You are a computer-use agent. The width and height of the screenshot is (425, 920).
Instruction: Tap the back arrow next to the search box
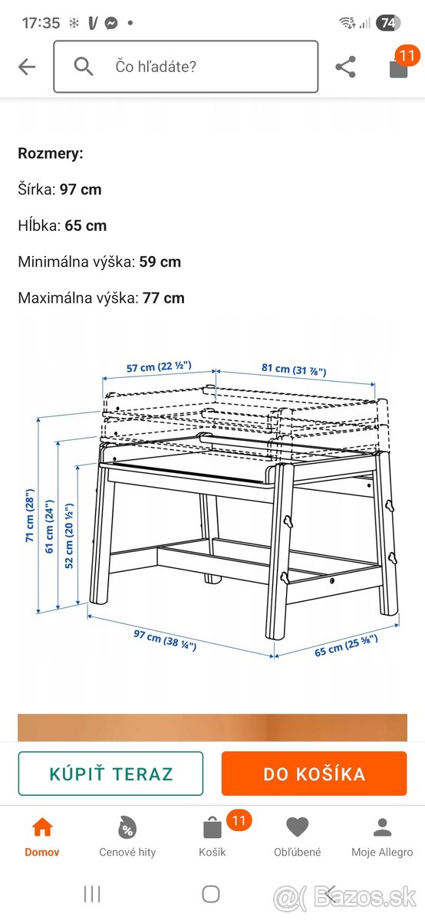coord(27,67)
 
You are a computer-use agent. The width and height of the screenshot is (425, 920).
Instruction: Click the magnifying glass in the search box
coord(83,66)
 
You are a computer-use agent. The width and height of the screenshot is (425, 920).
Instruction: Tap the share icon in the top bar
coord(345,67)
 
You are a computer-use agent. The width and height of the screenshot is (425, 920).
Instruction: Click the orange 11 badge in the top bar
coord(407,55)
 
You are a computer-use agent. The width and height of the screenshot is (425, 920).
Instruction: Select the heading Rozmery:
coord(51,153)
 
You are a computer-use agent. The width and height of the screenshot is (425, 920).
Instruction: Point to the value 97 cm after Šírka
coord(81,190)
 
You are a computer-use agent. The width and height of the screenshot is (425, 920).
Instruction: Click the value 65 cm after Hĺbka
coord(85,226)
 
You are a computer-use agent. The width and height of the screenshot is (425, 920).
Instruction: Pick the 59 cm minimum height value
coord(160,262)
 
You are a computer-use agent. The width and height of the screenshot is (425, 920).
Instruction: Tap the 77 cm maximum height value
coord(163,298)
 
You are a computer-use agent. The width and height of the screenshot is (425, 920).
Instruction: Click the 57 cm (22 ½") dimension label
coord(159,366)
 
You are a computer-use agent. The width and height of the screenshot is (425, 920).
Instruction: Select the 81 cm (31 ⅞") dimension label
coord(294,370)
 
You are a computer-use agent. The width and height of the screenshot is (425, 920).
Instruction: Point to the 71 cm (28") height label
coord(29,515)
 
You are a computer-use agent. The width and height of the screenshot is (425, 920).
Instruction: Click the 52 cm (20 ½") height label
coord(68,536)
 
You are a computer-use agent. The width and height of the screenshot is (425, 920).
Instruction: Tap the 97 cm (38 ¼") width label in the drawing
coord(165,640)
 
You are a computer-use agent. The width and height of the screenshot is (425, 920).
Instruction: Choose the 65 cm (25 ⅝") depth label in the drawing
coord(346,646)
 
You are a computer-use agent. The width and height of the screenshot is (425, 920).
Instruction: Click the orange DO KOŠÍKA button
coord(314,774)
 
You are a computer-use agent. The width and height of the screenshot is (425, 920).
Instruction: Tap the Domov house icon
coord(42,826)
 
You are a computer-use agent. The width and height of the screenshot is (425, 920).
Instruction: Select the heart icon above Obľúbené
coord(297,826)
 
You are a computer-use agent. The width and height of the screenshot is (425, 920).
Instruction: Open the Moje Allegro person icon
coord(382,826)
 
